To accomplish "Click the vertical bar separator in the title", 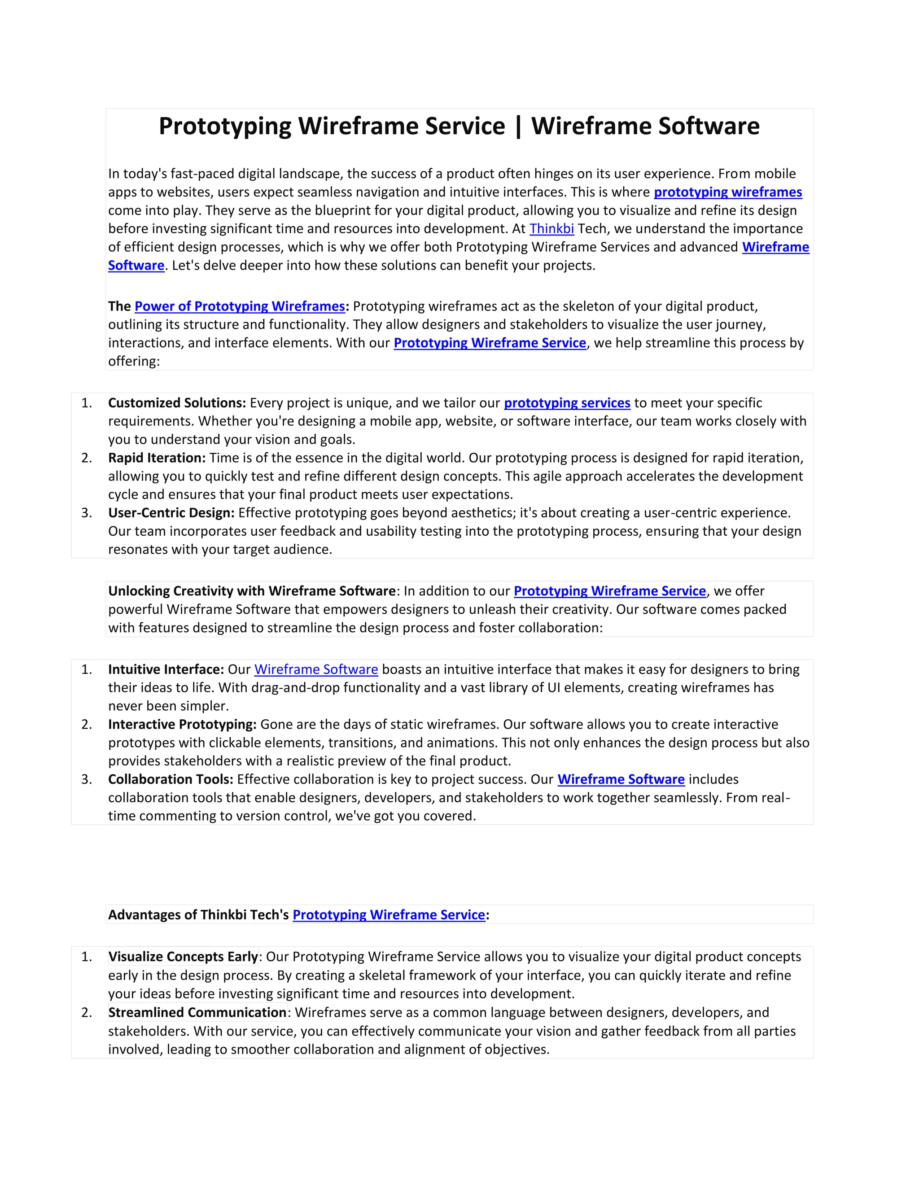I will click(518, 127).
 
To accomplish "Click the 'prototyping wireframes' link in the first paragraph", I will click(727, 192).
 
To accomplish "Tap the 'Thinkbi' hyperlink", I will click(551, 229).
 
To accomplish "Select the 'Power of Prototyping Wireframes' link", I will click(240, 306).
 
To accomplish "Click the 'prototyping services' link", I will click(567, 403).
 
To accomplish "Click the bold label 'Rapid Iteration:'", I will click(157, 458).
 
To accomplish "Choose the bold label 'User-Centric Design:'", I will click(171, 513).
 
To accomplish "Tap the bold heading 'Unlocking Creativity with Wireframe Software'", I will click(252, 591).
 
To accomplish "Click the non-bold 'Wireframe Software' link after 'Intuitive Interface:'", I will click(316, 669).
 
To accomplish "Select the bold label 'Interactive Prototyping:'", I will click(182, 725).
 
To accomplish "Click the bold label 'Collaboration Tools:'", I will click(171, 780).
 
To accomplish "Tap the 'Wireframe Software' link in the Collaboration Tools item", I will click(621, 780).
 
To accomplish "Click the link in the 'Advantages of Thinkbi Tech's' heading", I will click(389, 915).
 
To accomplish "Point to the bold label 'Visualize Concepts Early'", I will click(183, 957).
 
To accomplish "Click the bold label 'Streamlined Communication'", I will click(197, 1013).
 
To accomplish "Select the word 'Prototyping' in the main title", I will click(225, 127).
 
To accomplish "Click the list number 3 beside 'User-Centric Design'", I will click(86, 513).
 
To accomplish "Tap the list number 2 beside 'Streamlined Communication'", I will click(86, 1013).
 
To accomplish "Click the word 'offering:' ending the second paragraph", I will click(134, 362).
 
